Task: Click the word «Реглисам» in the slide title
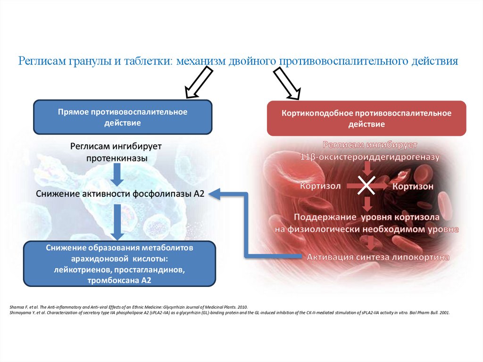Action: click(x=42, y=61)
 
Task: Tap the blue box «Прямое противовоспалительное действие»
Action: click(x=123, y=117)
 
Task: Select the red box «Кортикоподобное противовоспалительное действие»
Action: click(x=366, y=118)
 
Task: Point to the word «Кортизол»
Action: click(x=320, y=186)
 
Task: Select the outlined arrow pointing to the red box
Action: click(x=288, y=84)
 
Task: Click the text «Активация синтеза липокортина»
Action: click(x=378, y=257)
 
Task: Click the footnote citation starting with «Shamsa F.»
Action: click(x=127, y=306)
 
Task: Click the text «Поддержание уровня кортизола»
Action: click(x=367, y=218)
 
